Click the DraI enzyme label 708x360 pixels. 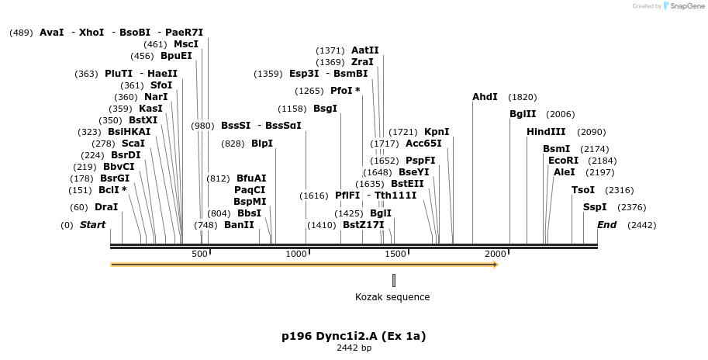(x=105, y=207)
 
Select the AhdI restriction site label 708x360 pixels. (x=485, y=97)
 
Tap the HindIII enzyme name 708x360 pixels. (x=546, y=132)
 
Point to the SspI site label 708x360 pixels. (x=595, y=207)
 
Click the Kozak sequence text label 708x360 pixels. (x=392, y=297)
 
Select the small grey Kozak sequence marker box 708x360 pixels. (x=394, y=280)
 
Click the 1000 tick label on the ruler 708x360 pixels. (x=297, y=254)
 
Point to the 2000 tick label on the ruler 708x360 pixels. (x=496, y=254)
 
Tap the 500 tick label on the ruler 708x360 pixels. (x=199, y=254)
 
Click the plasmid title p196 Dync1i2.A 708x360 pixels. (x=354, y=336)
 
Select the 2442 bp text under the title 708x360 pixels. (x=354, y=348)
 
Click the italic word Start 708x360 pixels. (x=93, y=225)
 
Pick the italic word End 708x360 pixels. (x=606, y=225)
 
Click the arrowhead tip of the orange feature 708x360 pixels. (x=496, y=265)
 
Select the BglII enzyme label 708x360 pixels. (x=523, y=114)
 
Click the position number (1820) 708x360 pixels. (x=522, y=97)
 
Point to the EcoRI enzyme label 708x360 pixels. (x=563, y=161)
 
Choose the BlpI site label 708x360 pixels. (x=262, y=144)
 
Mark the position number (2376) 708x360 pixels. (x=631, y=207)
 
